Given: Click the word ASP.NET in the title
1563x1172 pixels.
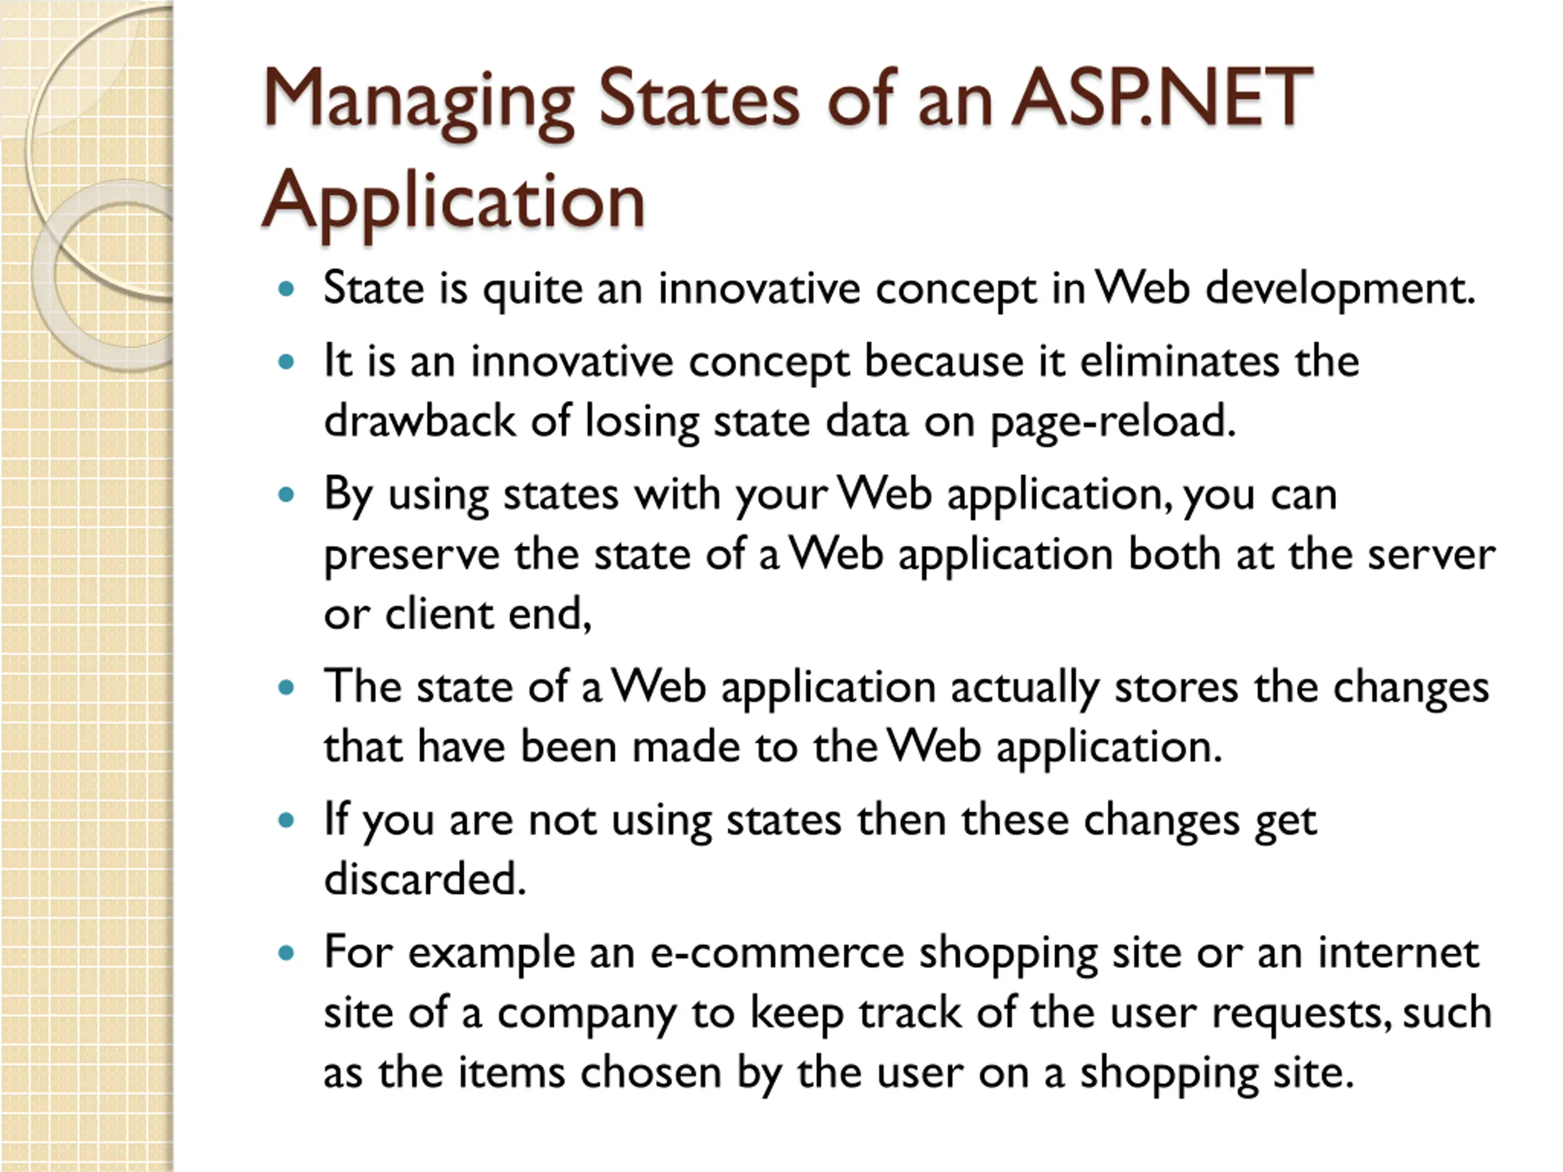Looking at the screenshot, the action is click(x=1162, y=98).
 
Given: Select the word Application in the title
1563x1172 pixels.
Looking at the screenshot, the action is click(x=454, y=203).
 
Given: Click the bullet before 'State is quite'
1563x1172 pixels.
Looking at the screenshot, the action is click(x=286, y=288).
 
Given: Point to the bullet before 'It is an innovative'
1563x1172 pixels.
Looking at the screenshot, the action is click(x=286, y=363).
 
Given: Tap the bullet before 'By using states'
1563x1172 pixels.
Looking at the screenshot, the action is click(x=286, y=494).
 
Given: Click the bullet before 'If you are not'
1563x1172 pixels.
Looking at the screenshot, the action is click(x=286, y=820).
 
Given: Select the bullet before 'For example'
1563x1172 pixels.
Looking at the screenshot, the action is click(x=286, y=953).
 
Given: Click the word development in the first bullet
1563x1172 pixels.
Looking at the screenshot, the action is click(x=1340, y=291).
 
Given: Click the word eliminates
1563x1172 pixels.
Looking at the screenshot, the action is click(x=1180, y=362).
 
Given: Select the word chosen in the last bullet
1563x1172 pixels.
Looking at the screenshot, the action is click(x=651, y=1073).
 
